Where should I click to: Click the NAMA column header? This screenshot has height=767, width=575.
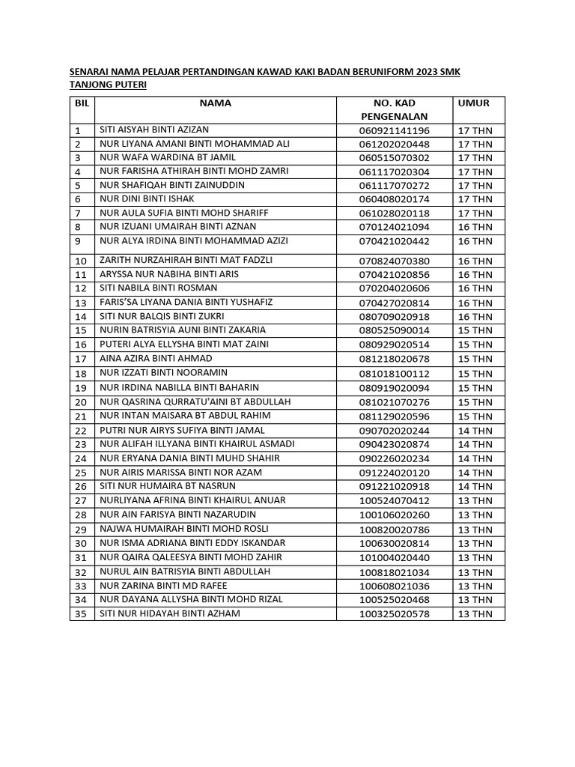[x=215, y=103]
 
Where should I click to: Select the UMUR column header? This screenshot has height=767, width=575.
[x=473, y=103]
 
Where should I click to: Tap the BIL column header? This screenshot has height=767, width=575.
[x=82, y=103]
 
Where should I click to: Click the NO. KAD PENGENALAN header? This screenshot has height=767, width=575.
[x=394, y=109]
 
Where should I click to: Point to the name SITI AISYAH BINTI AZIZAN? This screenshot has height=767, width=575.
[x=155, y=130]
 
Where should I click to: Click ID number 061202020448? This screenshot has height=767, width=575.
[x=394, y=144]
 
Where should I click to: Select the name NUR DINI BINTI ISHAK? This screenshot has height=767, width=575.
[x=147, y=198]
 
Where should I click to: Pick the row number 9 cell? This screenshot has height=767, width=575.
[x=78, y=241]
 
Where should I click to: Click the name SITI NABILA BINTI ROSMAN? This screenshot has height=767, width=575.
[x=159, y=288]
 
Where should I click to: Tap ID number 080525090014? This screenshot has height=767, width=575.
[x=394, y=330]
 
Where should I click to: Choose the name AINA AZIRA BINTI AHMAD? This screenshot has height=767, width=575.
[x=156, y=359]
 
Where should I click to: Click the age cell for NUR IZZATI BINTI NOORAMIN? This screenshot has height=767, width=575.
[x=475, y=373]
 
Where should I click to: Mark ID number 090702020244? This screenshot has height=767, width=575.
[x=394, y=430]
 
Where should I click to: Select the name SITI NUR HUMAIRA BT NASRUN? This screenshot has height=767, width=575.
[x=167, y=486]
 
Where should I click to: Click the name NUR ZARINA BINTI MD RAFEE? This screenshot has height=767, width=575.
[x=163, y=586]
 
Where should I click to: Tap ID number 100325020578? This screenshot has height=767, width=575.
[x=394, y=614]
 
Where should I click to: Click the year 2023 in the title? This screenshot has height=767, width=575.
[x=422, y=71]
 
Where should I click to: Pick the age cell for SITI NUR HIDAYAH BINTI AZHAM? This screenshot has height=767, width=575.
[x=475, y=614]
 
